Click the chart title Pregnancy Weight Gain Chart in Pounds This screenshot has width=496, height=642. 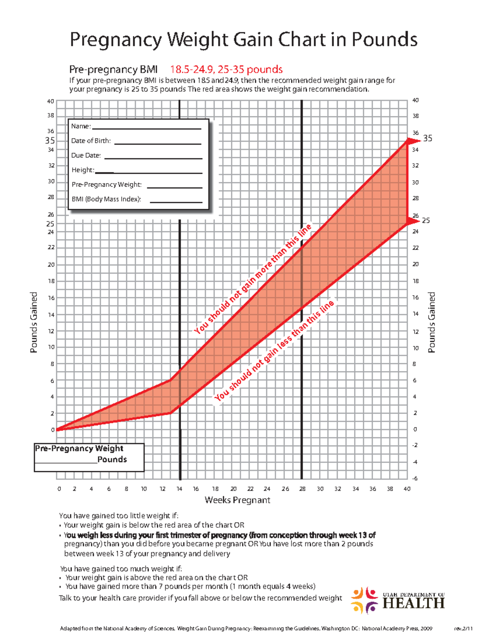point(243,40)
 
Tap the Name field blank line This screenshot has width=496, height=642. point(146,129)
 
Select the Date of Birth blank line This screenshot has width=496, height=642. point(157,143)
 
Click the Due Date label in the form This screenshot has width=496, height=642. point(86,155)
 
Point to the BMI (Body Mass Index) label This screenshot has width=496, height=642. point(106,199)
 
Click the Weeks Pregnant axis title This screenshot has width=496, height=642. point(237,500)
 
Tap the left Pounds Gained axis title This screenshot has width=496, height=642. point(34,322)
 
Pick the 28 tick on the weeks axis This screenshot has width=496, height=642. point(303,489)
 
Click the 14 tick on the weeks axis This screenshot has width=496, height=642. point(179,489)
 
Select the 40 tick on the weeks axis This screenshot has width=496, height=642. point(407,489)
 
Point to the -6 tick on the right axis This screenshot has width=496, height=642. point(415,478)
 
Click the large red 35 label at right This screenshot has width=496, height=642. point(428,138)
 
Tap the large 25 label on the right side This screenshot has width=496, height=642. point(426,221)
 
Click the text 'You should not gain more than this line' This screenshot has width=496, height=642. point(253,279)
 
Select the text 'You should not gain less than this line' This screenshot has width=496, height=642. point(274,351)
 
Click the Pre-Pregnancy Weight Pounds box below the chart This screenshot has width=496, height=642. point(89,457)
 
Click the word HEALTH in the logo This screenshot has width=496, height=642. point(413,604)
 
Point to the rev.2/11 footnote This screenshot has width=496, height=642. point(463,629)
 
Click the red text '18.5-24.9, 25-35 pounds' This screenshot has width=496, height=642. point(227,69)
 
